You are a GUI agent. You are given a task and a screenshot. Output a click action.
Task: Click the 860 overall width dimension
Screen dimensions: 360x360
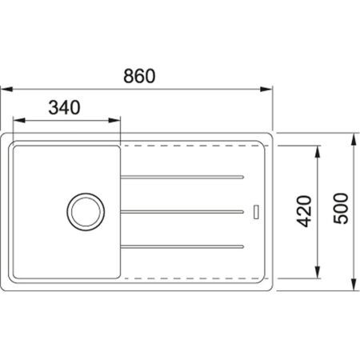(138, 76)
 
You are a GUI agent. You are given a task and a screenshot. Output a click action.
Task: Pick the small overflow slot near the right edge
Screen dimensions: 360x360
(256, 211)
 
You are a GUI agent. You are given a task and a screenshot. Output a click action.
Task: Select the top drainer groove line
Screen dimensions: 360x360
(182, 175)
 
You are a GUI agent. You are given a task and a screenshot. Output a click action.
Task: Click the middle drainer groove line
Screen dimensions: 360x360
(182, 210)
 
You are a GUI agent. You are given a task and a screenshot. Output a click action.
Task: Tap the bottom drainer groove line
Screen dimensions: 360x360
(182, 245)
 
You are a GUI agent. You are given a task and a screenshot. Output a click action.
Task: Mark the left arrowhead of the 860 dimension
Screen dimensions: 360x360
(5, 90)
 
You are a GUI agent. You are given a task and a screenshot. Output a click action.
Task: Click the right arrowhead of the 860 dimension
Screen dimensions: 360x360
(268, 90)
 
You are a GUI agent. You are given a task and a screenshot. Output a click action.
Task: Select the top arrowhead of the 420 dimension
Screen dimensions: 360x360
(320, 151)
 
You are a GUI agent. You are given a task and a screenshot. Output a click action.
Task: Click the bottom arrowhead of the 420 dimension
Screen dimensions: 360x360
(320, 272)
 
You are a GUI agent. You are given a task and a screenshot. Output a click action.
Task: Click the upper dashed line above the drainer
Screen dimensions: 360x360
(192, 147)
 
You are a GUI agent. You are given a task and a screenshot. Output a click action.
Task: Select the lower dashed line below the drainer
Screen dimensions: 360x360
(192, 276)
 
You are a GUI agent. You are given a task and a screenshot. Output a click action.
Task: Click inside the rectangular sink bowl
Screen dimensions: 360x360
(48, 176)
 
